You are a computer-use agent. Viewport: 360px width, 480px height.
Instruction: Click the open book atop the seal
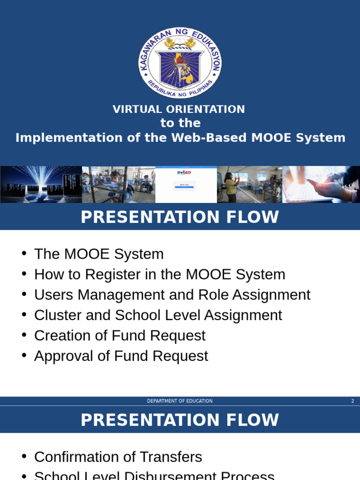click(180, 45)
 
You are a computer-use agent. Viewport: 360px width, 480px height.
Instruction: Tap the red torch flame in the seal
click(180, 60)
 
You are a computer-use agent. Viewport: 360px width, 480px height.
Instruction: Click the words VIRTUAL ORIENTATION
click(179, 109)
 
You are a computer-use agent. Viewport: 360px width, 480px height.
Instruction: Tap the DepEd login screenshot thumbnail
click(186, 184)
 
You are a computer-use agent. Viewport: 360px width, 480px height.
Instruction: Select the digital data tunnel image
click(41, 184)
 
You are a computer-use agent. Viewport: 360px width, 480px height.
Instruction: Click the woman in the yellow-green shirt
click(231, 186)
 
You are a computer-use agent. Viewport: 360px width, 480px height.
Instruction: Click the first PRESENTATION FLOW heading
click(180, 217)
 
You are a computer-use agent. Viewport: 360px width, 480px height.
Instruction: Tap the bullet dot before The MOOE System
click(24, 254)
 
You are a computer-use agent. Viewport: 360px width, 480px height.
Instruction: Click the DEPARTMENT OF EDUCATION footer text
click(180, 401)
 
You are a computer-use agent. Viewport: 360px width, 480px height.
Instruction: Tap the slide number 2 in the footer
click(352, 401)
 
